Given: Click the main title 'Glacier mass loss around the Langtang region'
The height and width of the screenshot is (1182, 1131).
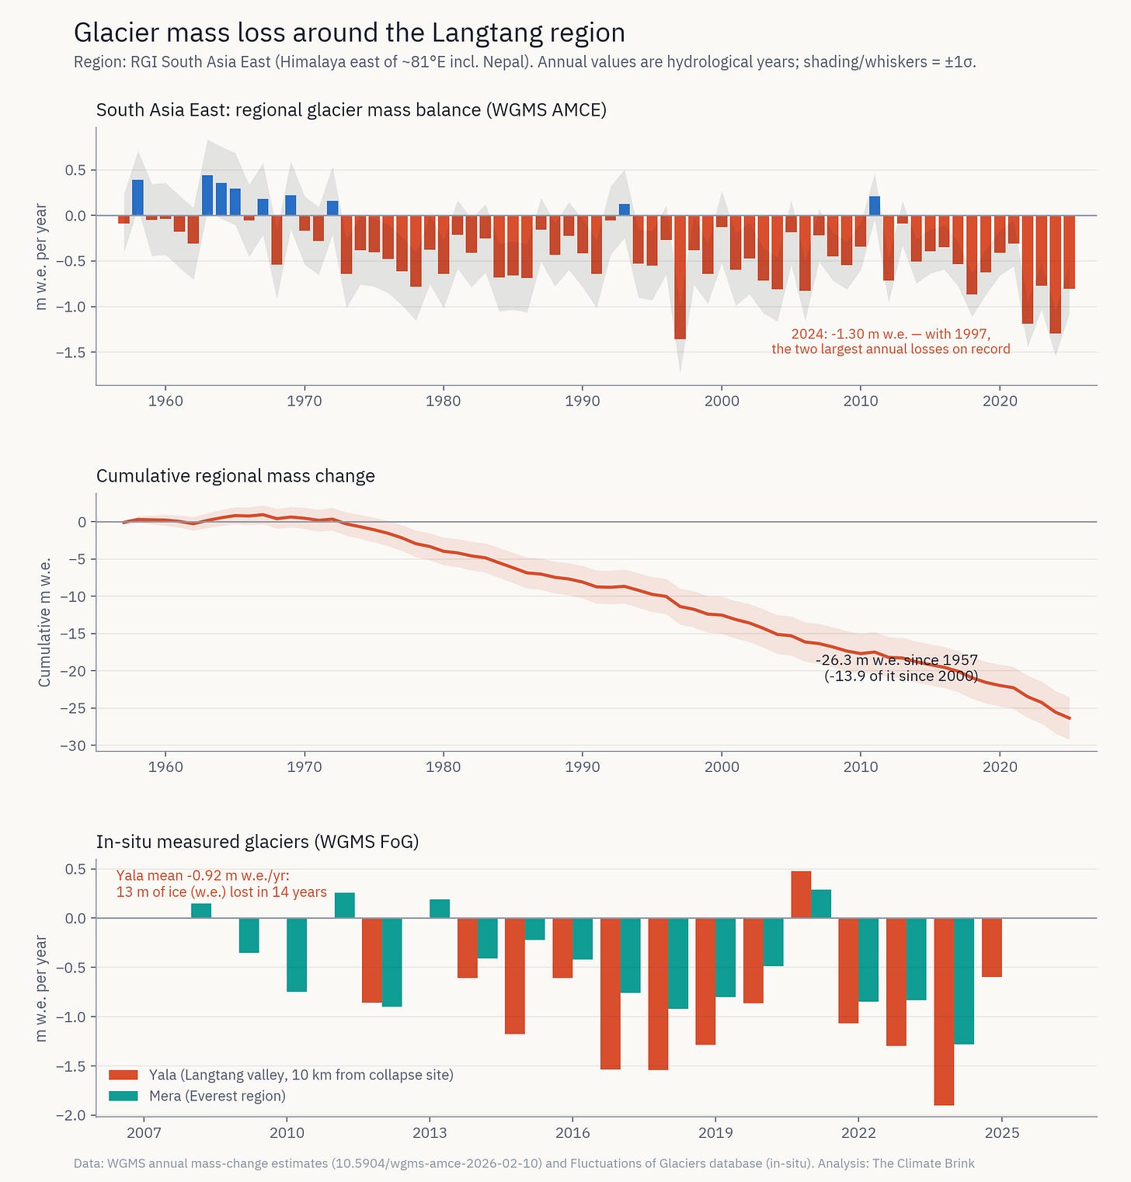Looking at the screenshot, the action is [350, 33].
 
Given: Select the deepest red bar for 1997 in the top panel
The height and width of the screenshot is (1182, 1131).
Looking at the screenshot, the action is [680, 277].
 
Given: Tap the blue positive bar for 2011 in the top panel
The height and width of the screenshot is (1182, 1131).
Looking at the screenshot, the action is [875, 206].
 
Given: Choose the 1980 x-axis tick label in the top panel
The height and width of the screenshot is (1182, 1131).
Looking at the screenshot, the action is [443, 402].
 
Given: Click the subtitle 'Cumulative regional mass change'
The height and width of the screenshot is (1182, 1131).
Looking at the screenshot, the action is [235, 476].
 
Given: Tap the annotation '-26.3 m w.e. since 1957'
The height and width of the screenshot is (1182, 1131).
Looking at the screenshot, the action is [896, 660].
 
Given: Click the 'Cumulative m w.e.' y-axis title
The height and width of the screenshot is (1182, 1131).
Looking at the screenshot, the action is [45, 622].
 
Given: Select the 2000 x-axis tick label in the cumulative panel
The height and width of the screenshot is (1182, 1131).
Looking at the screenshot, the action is [722, 767].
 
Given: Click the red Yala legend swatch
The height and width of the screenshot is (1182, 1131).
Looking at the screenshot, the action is [124, 1075].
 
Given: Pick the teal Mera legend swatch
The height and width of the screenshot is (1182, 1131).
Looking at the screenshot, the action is [124, 1096].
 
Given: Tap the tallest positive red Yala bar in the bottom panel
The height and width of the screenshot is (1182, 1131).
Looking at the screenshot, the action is [801, 895].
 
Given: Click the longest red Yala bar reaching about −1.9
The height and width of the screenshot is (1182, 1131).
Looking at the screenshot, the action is [944, 1011].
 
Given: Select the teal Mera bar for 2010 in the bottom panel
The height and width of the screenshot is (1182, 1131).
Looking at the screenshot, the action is [297, 954].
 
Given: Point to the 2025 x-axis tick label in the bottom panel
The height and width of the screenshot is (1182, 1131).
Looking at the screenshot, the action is [1001, 1133].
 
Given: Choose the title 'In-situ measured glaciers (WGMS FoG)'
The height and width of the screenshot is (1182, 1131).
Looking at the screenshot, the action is [258, 842].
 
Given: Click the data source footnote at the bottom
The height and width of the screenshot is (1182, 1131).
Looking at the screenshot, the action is [524, 1163].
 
